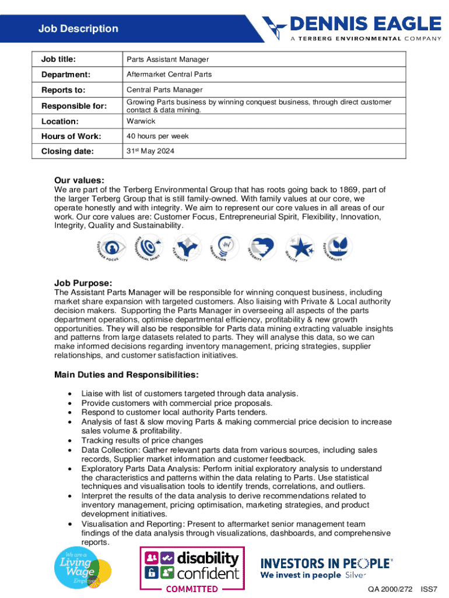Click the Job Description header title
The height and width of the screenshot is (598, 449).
point(78,29)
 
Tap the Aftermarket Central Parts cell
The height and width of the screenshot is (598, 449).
point(169,75)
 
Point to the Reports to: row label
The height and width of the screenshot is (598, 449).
point(63,90)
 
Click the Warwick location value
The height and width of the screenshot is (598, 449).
point(141,121)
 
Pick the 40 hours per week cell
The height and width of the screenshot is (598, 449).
point(157,137)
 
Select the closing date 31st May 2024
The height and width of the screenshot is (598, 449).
point(150,152)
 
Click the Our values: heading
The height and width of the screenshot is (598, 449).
point(79,180)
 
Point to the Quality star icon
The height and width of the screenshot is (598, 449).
point(301,248)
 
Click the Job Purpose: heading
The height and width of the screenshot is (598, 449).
point(83,283)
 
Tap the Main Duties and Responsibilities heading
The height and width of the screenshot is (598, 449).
point(127,374)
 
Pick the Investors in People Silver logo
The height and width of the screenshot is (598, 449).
point(326,568)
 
